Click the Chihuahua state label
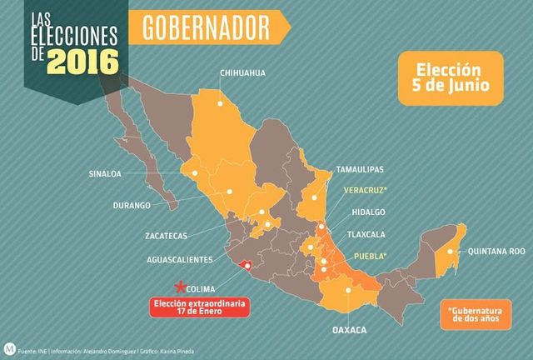[x=242, y=73]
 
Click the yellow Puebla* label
[x=372, y=256]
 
